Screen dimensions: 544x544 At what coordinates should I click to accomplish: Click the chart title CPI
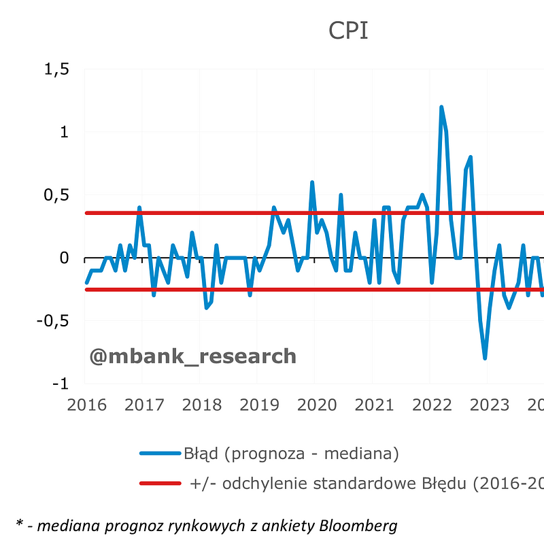348,31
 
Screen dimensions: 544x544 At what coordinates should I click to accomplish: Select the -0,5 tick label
54,321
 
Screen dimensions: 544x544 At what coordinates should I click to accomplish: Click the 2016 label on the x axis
86,405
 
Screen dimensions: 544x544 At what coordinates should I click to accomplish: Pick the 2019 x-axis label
259,405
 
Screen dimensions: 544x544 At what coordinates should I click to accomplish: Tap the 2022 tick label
432,405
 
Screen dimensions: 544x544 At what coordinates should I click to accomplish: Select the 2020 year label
317,405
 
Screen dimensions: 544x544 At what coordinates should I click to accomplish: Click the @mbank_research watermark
192,356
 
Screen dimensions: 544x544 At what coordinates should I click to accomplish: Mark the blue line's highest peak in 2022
441,107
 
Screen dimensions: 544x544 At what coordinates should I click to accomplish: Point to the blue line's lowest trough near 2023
485,358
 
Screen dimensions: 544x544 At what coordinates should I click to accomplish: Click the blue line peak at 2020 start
312,183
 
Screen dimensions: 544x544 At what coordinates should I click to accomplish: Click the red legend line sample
160,483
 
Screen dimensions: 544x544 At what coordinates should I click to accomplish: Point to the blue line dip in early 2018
207,307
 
